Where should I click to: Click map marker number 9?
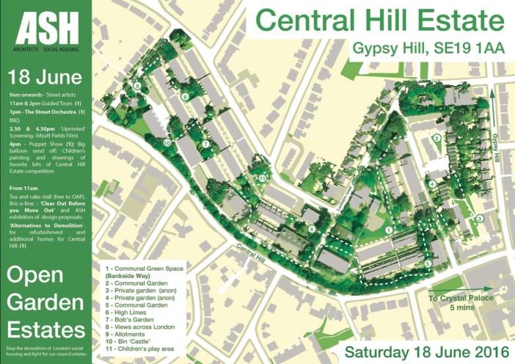click(x=137, y=86)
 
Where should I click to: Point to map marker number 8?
click(x=186, y=97)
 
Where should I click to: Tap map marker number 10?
click(x=167, y=142)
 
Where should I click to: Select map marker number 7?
click(x=206, y=145)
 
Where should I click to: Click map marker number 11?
click(x=261, y=178)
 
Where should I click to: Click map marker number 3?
click(x=478, y=218)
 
